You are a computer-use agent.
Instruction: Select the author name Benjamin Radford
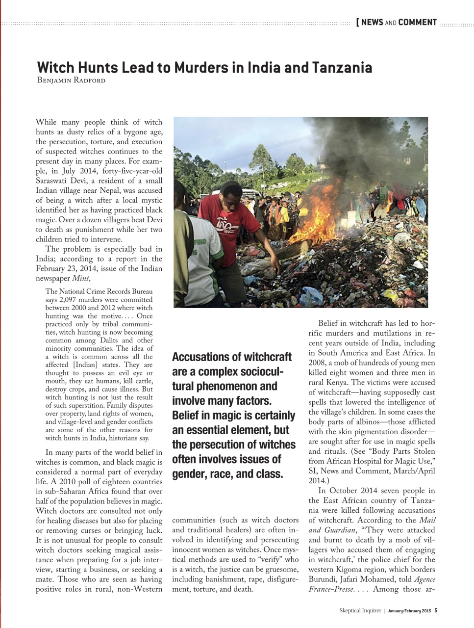(71, 80)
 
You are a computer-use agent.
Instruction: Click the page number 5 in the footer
(436, 611)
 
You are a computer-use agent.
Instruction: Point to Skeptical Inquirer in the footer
(360, 611)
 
